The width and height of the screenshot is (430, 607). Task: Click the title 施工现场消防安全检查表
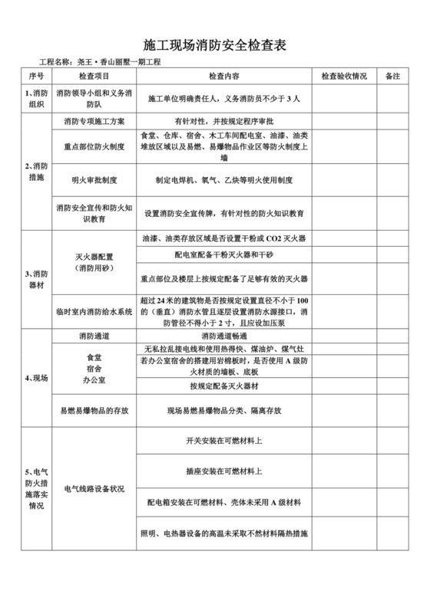tap(215, 45)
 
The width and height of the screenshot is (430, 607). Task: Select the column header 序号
tap(37, 77)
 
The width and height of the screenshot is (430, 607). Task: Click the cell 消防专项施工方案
tap(95, 121)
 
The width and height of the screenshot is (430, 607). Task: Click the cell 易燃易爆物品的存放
tap(95, 411)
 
